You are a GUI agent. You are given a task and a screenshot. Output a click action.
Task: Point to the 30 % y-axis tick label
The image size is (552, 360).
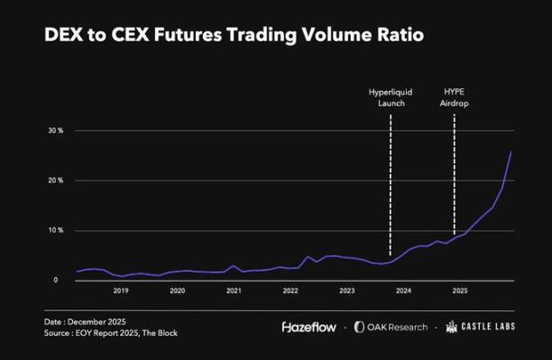pyautogui.click(x=56, y=131)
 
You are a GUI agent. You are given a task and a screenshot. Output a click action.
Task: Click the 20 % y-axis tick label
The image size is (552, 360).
pyautogui.click(x=56, y=180)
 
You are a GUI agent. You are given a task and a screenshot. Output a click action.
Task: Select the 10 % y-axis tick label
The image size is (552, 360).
pyautogui.click(x=56, y=230)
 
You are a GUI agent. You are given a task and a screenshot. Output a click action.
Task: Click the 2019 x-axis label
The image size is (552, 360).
pyautogui.click(x=121, y=291)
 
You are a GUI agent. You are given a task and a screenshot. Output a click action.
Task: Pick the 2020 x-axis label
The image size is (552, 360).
pyautogui.click(x=178, y=291)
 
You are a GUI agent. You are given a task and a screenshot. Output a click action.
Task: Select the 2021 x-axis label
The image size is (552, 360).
pyautogui.click(x=234, y=291)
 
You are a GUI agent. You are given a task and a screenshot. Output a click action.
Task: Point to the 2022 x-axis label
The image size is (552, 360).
pyautogui.click(x=290, y=291)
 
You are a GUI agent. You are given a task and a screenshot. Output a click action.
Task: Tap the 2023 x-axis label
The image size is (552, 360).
pyautogui.click(x=347, y=291)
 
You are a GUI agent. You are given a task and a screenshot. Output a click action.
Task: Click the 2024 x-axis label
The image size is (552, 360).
pyautogui.click(x=403, y=291)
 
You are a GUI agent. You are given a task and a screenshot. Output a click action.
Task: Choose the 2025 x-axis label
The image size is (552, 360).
pyautogui.click(x=460, y=291)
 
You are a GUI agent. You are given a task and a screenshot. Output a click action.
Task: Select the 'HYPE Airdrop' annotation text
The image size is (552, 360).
pyautogui.click(x=455, y=97)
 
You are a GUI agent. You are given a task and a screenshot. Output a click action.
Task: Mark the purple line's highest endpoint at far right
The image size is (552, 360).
pyautogui.click(x=511, y=151)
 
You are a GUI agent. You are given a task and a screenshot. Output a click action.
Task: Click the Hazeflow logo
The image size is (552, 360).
pyautogui.click(x=310, y=327)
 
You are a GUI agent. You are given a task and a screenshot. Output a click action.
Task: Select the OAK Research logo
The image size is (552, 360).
pyautogui.click(x=391, y=327)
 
